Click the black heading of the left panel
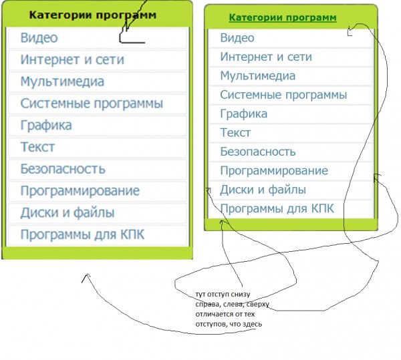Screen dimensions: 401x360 [x=93, y=15]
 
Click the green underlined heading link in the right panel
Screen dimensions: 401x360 [x=283, y=17]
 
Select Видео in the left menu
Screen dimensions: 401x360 [x=39, y=38]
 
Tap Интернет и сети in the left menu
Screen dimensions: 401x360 [x=72, y=59]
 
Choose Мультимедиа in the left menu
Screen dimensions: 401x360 [x=62, y=81]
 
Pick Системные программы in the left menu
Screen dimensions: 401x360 [x=92, y=104]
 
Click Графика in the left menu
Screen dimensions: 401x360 [x=46, y=126]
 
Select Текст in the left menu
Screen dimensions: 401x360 [x=37, y=147]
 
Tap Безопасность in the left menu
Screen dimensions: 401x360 [x=63, y=169]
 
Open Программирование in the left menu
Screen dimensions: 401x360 [x=80, y=191]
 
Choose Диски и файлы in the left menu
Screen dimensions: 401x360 [x=68, y=213]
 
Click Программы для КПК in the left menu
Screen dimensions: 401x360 [x=82, y=234]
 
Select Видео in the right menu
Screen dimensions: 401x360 [x=237, y=38]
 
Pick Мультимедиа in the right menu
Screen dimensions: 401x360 [x=258, y=76]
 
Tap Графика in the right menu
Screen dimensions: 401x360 [x=244, y=114]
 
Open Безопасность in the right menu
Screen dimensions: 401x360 [x=258, y=152]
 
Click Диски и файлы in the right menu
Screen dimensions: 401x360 [x=263, y=190]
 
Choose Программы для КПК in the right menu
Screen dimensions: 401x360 [x=277, y=208]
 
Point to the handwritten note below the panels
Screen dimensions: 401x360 [x=232, y=309]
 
